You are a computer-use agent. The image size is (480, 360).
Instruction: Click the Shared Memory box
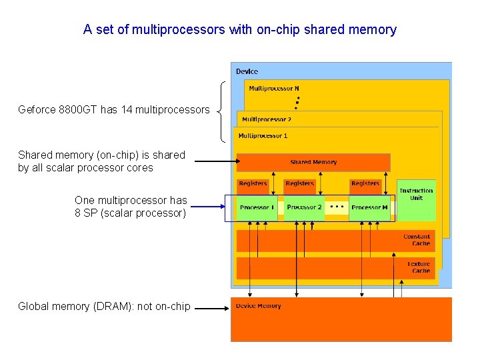(x=313, y=163)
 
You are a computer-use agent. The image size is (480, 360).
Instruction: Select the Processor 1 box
(x=257, y=208)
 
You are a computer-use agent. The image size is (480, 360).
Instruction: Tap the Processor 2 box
(x=304, y=208)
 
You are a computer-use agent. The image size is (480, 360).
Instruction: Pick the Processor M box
(x=369, y=208)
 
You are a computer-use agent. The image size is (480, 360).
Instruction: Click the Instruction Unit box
(x=416, y=201)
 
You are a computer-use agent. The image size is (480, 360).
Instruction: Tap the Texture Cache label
(x=419, y=267)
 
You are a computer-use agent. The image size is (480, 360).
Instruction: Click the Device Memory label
(x=259, y=306)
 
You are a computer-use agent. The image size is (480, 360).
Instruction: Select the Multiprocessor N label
(x=274, y=89)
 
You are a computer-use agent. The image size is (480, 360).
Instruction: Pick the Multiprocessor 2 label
(x=267, y=119)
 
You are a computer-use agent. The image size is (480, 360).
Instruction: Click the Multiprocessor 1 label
(x=263, y=135)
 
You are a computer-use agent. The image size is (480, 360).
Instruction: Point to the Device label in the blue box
(x=247, y=71)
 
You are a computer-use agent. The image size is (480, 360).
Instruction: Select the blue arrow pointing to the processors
(x=208, y=207)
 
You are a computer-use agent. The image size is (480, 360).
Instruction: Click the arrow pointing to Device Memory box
(x=212, y=308)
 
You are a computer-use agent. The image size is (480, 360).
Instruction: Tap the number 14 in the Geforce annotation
(x=127, y=109)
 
